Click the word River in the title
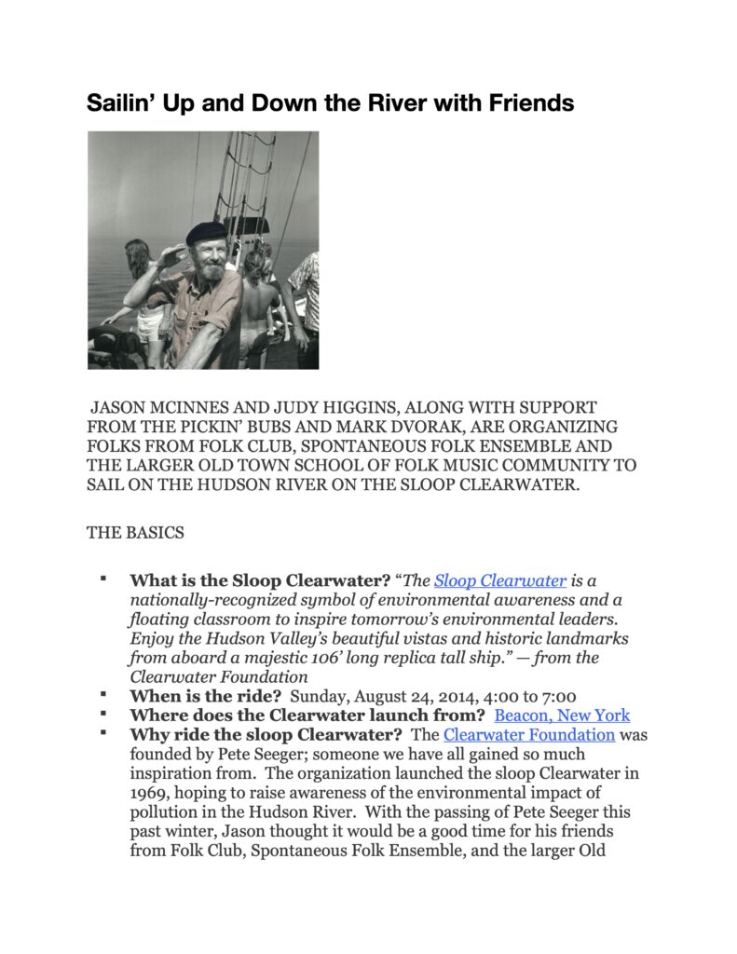[x=391, y=102]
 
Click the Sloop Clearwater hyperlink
[x=499, y=580]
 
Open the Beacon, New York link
[x=562, y=715]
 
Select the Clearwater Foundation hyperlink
[x=529, y=735]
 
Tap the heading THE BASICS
[x=135, y=533]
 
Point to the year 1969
[x=150, y=793]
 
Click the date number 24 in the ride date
[x=412, y=696]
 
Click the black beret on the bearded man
[x=205, y=233]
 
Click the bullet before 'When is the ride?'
[x=103, y=695]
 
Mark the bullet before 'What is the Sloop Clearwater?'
[x=103, y=579]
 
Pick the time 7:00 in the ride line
[x=557, y=696]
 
